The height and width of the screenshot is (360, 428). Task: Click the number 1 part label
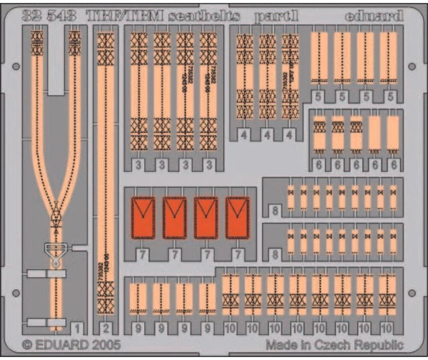pyautogui.click(x=77, y=329)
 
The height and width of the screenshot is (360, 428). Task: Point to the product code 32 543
pyautogui.click(x=49, y=16)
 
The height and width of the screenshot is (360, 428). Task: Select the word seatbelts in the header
pyautogui.click(x=204, y=17)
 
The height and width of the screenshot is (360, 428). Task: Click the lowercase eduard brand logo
pyautogui.click(x=374, y=16)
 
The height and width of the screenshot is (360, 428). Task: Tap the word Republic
pyautogui.click(x=379, y=345)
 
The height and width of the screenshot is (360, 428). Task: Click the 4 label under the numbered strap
pyautogui.click(x=290, y=136)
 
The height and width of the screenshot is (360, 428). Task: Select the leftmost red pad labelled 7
pyautogui.click(x=143, y=217)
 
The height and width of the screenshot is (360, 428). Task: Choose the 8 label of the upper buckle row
pyautogui.click(x=275, y=210)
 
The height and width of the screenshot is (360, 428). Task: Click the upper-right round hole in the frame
pyautogui.click(x=412, y=66)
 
